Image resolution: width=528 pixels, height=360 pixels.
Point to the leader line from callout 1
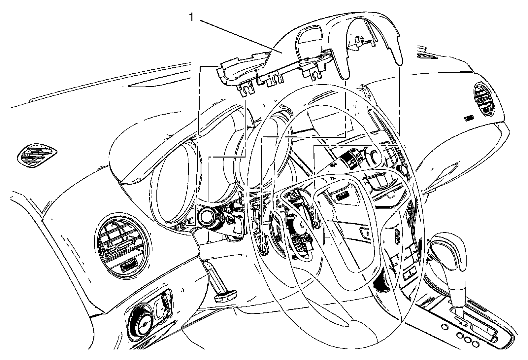(x=238, y=35)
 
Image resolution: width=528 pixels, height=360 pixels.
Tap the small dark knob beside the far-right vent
(x=469, y=118)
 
